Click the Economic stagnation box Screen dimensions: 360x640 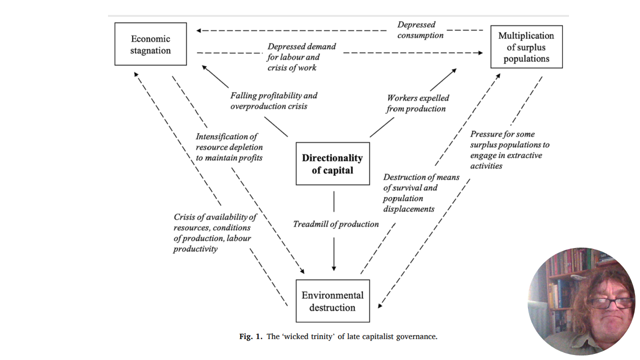(150, 44)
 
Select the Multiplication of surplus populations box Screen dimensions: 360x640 (526, 47)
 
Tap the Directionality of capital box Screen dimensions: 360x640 (332, 164)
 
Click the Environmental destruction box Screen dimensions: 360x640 (332, 301)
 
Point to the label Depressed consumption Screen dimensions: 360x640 (420, 30)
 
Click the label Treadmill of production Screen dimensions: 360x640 (335, 224)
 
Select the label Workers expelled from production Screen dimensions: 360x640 (417, 103)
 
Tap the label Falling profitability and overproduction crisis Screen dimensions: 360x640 (273, 100)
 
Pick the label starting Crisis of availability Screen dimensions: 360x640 (215, 232)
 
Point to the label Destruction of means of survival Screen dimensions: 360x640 (421, 193)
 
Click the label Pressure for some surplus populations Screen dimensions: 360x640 (509, 149)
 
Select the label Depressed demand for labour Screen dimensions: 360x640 (301, 57)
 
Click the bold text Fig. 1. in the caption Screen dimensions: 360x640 (251, 336)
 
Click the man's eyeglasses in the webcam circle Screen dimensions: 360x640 (610, 302)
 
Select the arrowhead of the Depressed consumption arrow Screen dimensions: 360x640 (199, 31)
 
